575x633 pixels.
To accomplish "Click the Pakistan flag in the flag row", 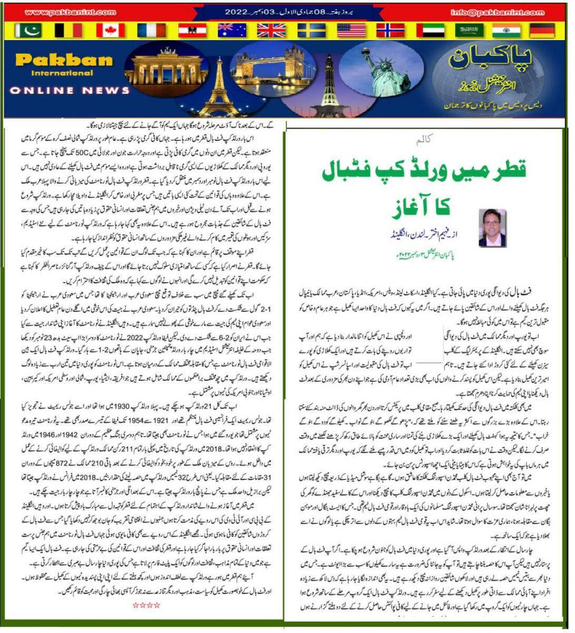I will pyautogui.click(x=28, y=31).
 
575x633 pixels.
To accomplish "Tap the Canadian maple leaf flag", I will pyautogui.click(x=110, y=31).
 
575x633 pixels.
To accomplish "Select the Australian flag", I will pyautogui.click(x=232, y=31).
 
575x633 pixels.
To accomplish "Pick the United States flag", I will pyautogui.click(x=351, y=31).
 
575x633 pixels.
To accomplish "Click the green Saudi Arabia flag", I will pyautogui.click(x=470, y=31).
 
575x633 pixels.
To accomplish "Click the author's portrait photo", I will pyautogui.click(x=492, y=227).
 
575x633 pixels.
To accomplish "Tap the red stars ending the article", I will pyautogui.click(x=146, y=605).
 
